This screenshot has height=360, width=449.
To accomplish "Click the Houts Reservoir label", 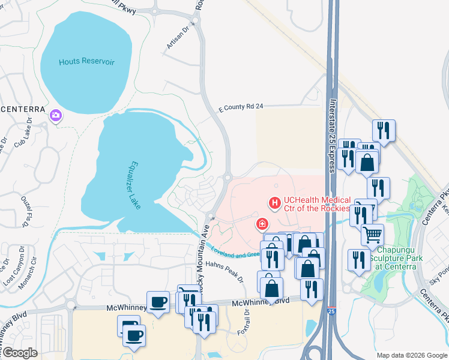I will [x=86, y=62].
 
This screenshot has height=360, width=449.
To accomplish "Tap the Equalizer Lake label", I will [x=135, y=185].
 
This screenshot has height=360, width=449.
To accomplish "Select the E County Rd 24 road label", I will [x=241, y=107].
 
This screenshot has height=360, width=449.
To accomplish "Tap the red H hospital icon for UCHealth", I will [x=275, y=203].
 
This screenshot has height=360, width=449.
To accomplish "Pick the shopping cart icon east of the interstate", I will [x=373, y=235].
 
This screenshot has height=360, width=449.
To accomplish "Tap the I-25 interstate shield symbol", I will [x=331, y=311].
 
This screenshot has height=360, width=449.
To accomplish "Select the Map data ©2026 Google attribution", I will [x=411, y=355].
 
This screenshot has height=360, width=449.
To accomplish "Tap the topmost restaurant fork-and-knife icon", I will [x=382, y=130].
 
